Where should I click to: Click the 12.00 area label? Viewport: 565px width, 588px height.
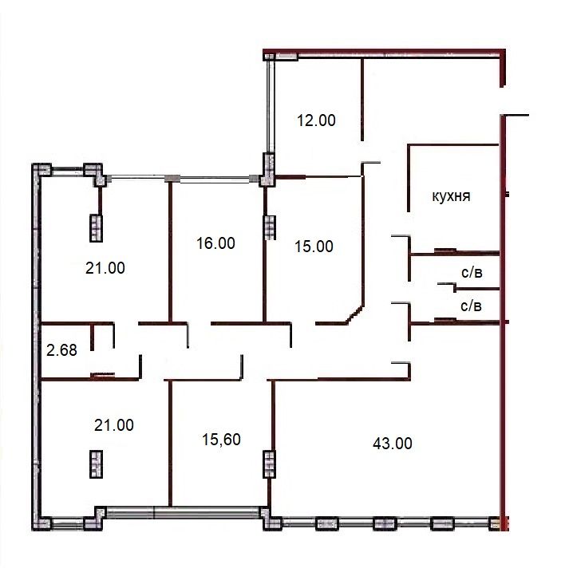[x=316, y=120]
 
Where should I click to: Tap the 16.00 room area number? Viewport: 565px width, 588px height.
[x=215, y=243]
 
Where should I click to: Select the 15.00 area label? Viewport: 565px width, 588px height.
[x=314, y=247]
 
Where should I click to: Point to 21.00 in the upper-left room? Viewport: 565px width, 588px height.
[x=105, y=268]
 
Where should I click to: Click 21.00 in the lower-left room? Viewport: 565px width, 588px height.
[x=113, y=425]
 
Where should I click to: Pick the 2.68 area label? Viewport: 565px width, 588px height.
[x=61, y=350]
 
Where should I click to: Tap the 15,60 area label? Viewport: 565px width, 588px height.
[x=221, y=440]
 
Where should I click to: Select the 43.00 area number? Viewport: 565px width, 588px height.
[x=393, y=444]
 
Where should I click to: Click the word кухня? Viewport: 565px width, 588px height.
[x=451, y=196]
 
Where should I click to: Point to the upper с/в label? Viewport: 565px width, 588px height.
[x=472, y=273]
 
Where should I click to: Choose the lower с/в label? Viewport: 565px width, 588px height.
[x=471, y=306]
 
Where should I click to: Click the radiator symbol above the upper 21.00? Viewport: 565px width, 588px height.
[x=96, y=228]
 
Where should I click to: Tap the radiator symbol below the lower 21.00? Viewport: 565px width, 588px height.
[x=96, y=464]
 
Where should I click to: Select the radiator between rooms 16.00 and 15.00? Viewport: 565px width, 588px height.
[x=270, y=227]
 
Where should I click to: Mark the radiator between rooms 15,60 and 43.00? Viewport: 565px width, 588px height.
[x=270, y=464]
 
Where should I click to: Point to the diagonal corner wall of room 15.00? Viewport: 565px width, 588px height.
[x=354, y=314]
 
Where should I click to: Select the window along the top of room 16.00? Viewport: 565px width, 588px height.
[x=215, y=180]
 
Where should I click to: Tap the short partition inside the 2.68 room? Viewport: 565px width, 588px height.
[x=93, y=337]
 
